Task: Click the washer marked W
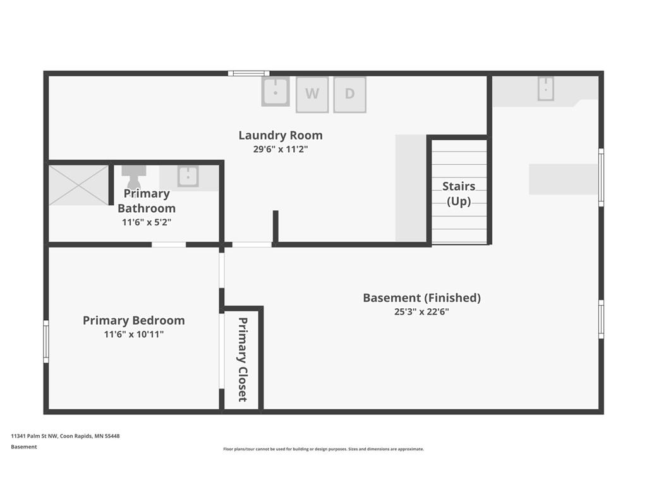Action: [312, 95]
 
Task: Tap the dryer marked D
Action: [350, 95]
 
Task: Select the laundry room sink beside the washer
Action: [275, 92]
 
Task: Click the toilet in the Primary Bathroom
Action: [134, 177]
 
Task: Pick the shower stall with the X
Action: [78, 185]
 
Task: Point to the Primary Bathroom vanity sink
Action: [188, 176]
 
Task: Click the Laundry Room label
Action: [281, 135]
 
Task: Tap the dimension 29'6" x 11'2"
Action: [281, 149]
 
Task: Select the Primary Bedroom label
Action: [134, 320]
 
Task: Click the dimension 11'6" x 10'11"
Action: [134, 334]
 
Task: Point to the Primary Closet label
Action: [243, 359]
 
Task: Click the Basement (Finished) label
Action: [421, 298]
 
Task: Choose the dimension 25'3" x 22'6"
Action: [421, 312]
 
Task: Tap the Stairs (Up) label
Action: [459, 194]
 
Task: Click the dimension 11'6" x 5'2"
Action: [147, 222]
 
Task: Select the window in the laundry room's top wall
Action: [249, 73]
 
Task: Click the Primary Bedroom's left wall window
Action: [45, 342]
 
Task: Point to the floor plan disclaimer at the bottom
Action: [323, 449]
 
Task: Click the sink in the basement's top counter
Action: [545, 88]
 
